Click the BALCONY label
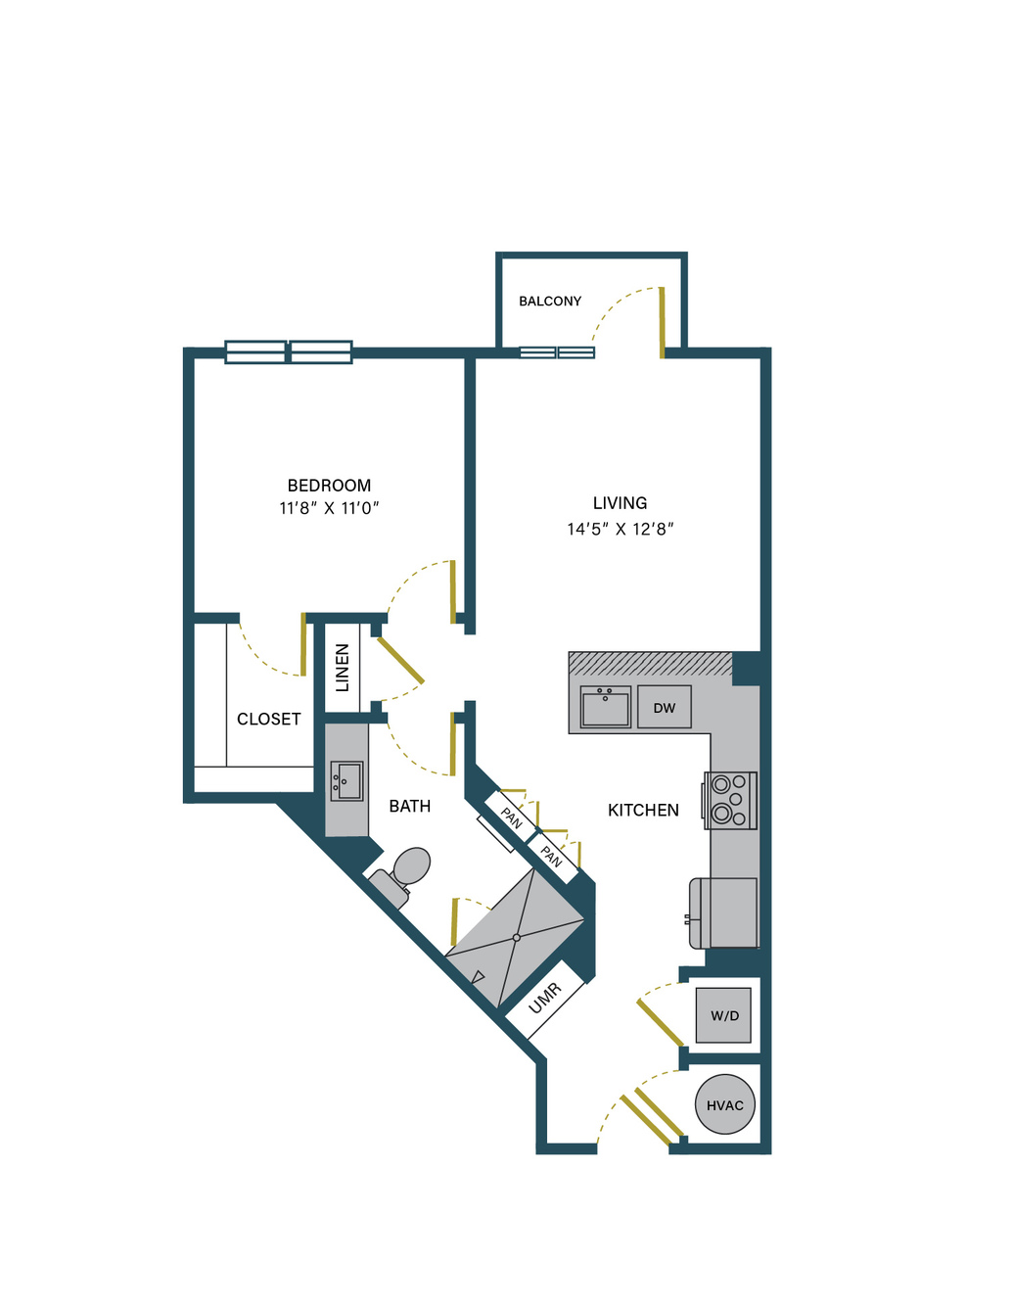pos(549,301)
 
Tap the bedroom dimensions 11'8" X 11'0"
pos(329,509)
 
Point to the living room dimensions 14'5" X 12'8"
pos(620,529)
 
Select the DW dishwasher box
pos(665,707)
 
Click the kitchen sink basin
pos(605,707)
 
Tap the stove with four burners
pos(729,801)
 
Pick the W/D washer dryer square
pos(724,1015)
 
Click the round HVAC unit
pos(724,1104)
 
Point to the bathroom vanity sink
pos(346,780)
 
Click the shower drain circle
pos(516,938)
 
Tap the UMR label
pos(545,998)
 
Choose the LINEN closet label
pos(342,668)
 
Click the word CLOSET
pos(268,719)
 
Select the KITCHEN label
pos(643,811)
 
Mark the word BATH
pos(410,806)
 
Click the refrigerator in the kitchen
pos(724,912)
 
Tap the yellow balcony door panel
pos(662,323)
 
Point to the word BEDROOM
pos(329,486)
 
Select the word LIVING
pos(620,502)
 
